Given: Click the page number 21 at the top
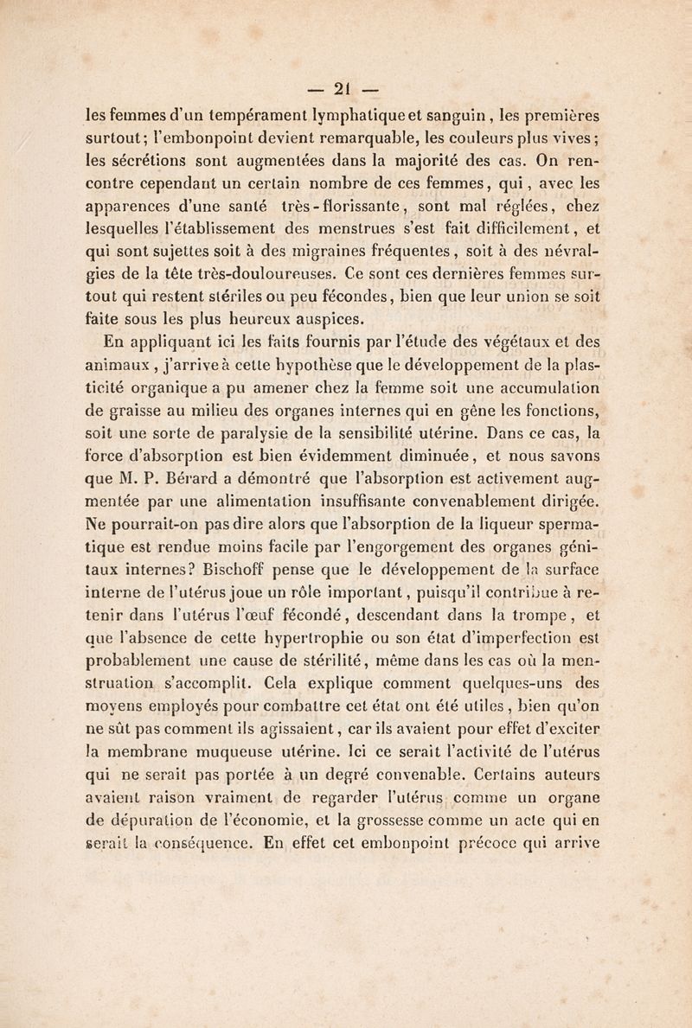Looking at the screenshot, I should tap(345, 90).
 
